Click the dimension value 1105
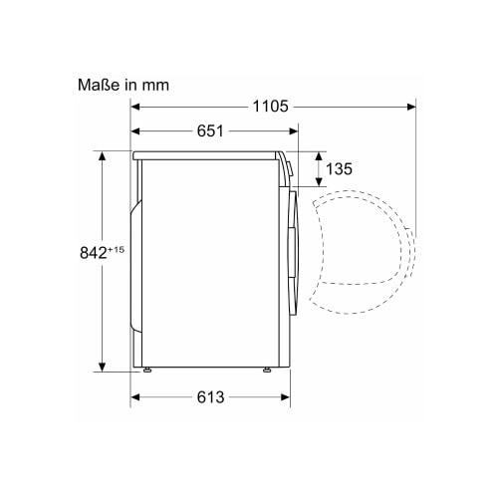pos(270,107)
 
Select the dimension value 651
pos(210,131)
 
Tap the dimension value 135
pos(339,169)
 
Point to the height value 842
pos(94,253)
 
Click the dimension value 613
pos(210,397)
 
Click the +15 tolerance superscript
pos(116,249)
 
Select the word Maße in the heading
pos(99,85)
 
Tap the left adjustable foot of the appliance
pos(147,370)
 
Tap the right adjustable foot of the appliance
pos(267,370)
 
